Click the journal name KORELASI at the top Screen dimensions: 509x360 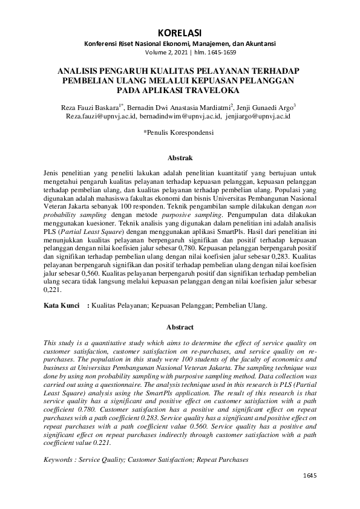[x=179, y=32]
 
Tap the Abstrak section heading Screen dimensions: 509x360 [x=180, y=158]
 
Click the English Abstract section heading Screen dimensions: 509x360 [x=180, y=327]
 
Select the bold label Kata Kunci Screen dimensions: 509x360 [x=62, y=306]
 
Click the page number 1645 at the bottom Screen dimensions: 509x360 [x=309, y=476]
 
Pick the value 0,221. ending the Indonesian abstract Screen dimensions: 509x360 [x=53, y=290]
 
